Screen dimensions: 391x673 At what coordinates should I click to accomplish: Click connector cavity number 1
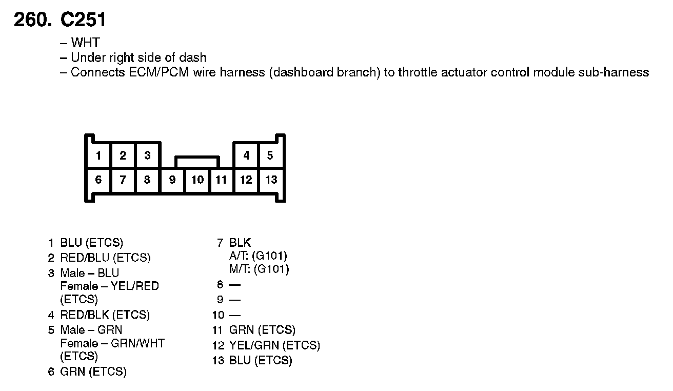[98, 155]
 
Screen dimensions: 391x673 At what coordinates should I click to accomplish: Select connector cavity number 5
[270, 155]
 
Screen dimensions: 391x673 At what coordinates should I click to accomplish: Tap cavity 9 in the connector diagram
[172, 180]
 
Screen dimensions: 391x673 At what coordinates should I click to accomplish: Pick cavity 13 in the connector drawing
[271, 180]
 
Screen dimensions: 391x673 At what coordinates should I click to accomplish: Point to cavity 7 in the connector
[123, 180]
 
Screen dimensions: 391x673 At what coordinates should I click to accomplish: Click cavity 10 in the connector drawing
[197, 180]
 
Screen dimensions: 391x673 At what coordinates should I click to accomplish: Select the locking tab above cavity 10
[197, 162]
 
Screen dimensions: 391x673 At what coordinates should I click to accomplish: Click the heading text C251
[83, 20]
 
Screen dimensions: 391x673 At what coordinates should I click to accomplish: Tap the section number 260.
[33, 20]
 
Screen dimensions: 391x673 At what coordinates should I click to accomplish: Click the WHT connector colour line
[85, 43]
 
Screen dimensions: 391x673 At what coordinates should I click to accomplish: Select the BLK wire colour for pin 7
[240, 243]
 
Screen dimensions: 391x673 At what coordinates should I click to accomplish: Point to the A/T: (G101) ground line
[258, 256]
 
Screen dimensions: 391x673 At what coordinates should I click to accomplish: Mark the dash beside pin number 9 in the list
[234, 300]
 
